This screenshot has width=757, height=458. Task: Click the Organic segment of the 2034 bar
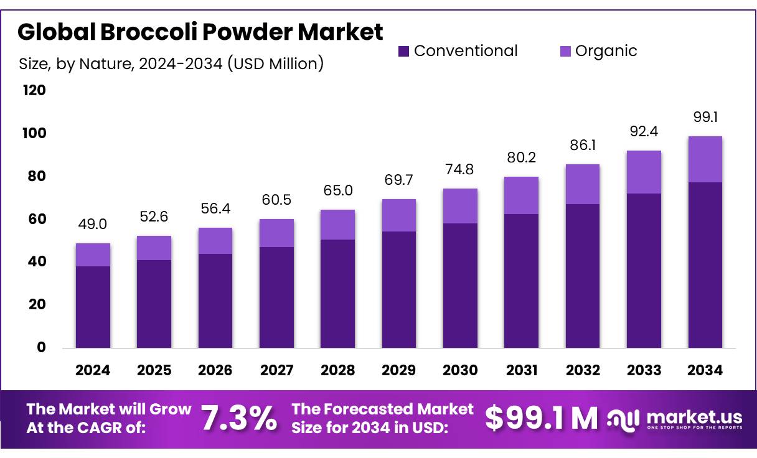[705, 159]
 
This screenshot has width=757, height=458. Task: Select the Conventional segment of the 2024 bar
[93, 307]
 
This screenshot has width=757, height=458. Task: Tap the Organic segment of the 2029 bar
[399, 215]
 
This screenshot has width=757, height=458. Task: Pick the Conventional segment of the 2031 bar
[522, 281]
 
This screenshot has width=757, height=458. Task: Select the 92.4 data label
[644, 132]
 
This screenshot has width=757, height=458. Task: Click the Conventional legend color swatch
[403, 52]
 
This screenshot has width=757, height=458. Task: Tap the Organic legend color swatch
[565, 52]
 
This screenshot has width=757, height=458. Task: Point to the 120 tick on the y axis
[34, 91]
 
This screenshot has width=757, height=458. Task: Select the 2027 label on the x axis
[276, 371]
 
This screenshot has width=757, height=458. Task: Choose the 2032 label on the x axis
[583, 371]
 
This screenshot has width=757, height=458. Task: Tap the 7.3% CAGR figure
[239, 419]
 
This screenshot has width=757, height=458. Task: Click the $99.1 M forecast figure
[540, 419]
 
